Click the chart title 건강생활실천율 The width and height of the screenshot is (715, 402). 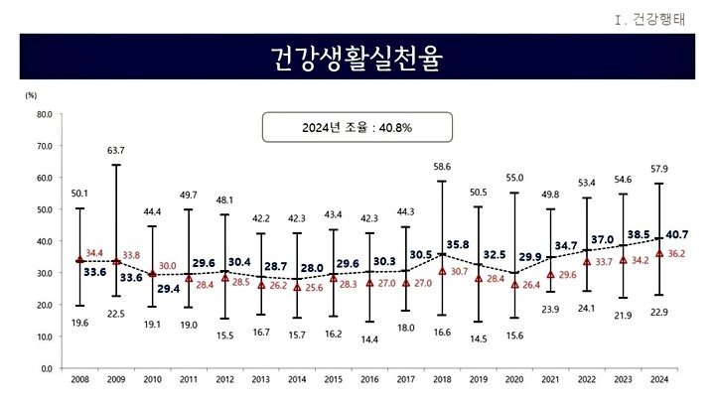[357, 57]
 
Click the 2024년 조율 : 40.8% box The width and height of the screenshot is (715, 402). [357, 127]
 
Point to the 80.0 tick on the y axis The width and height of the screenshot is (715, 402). [44, 114]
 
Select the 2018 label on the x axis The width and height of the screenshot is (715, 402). [442, 379]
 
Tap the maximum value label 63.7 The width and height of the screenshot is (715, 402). [116, 150]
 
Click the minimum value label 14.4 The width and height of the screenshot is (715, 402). [369, 339]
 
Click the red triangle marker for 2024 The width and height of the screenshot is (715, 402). [659, 253]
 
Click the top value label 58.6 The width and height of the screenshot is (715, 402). [442, 167]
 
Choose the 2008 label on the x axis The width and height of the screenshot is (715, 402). [79, 379]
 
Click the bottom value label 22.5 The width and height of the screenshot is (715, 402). [116, 315]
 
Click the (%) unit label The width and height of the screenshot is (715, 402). [31, 95]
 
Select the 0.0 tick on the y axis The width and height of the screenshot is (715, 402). [46, 368]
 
